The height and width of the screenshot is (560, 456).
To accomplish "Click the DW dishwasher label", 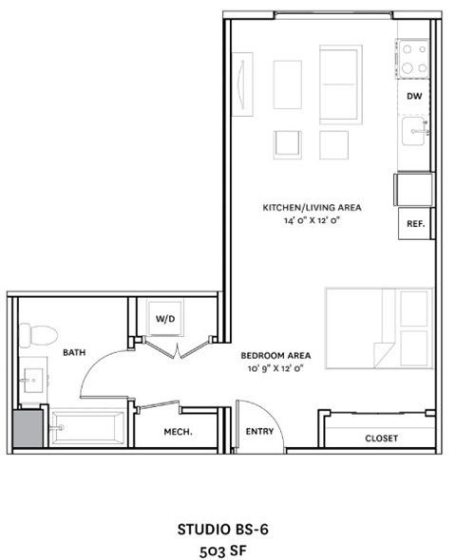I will pyautogui.click(x=413, y=97).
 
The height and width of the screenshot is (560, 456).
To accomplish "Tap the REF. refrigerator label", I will pyautogui.click(x=414, y=225).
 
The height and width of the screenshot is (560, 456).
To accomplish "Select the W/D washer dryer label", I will pyautogui.click(x=165, y=319).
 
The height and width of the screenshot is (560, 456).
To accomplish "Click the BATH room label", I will pyautogui.click(x=74, y=352).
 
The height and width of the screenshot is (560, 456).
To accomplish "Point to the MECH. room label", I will pyautogui.click(x=179, y=432).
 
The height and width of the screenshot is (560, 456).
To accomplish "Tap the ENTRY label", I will pyautogui.click(x=259, y=432).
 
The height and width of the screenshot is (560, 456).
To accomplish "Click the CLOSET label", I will pyautogui.click(x=381, y=439).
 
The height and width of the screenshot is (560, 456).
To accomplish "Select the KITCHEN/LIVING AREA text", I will pyautogui.click(x=312, y=207).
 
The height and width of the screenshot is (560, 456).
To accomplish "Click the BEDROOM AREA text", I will pyautogui.click(x=276, y=355).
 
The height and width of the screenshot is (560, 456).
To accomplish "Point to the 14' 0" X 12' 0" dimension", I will pyautogui.click(x=312, y=220).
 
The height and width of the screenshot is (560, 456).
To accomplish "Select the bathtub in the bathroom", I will pyautogui.click(x=87, y=428).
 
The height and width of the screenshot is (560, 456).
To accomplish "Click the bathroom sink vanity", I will pyautogui.click(x=32, y=380).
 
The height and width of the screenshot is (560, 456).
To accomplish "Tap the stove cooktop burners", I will pyautogui.click(x=413, y=60).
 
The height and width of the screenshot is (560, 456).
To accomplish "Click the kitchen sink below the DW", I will pyautogui.click(x=413, y=131).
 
